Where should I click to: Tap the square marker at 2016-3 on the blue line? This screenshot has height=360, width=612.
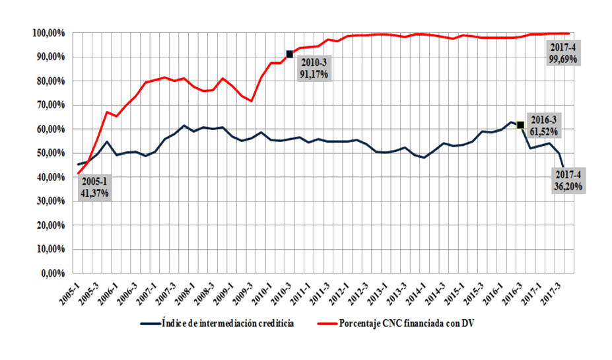pyautogui.click(x=520, y=125)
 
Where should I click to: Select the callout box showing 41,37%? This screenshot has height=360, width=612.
pyautogui.click(x=93, y=188)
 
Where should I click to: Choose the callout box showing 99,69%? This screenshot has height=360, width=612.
pyautogui.click(x=562, y=54)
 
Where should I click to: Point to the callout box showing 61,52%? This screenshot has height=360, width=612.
pyautogui.click(x=543, y=126)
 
